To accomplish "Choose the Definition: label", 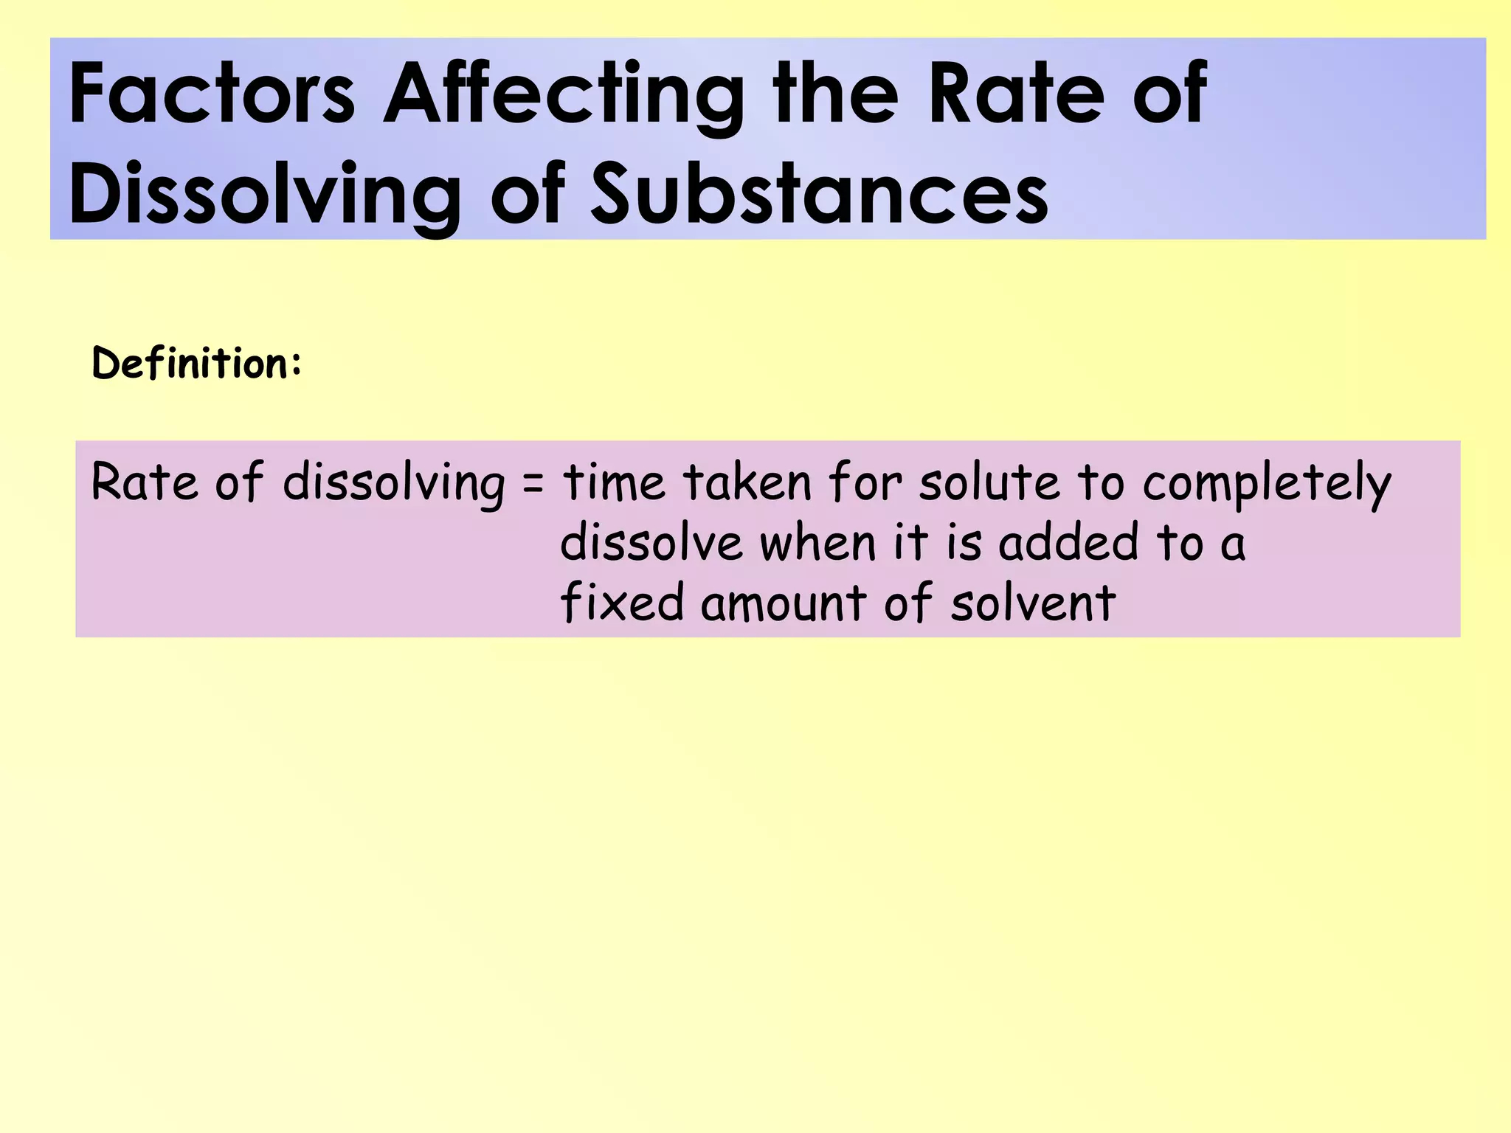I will pyautogui.click(x=196, y=364).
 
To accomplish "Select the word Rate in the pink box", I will pyautogui.click(x=145, y=483).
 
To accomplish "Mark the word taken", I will pyautogui.click(x=747, y=483).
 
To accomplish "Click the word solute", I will pyautogui.click(x=989, y=483).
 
